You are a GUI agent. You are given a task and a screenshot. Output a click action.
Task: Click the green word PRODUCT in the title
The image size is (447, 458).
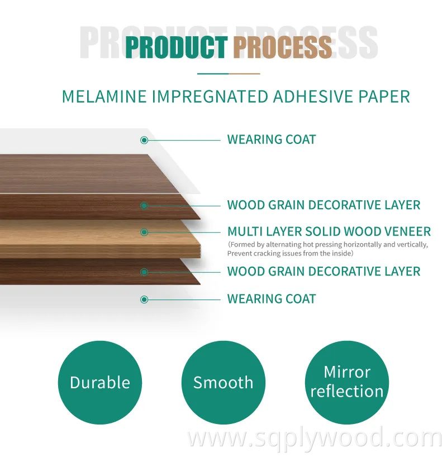point(176,47)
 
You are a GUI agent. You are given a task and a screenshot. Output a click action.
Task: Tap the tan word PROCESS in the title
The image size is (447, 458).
point(282,47)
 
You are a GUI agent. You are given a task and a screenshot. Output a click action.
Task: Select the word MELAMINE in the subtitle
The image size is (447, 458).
point(103,96)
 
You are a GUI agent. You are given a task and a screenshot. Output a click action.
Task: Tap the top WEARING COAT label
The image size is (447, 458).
point(272,139)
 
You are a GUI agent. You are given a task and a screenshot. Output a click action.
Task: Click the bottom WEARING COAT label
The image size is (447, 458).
point(272,299)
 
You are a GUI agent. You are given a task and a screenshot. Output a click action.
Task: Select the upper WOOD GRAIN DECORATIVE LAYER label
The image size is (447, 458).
point(324,205)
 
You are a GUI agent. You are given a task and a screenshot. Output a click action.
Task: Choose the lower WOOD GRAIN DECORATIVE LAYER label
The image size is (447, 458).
point(324,272)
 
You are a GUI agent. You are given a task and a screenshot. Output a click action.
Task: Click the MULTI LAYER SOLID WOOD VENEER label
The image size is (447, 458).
point(329,232)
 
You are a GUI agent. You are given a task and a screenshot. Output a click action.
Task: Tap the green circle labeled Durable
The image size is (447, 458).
point(100,382)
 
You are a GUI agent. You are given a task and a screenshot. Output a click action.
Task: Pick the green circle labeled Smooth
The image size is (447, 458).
point(223,382)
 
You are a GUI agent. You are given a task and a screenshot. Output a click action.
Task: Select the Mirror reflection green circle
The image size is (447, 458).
point(347,382)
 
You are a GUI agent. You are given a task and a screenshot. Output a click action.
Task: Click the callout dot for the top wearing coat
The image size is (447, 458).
point(144,140)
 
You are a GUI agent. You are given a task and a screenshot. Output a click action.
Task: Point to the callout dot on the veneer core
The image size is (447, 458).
point(144,232)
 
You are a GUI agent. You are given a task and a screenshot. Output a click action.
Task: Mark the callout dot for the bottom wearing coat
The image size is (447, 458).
point(144,300)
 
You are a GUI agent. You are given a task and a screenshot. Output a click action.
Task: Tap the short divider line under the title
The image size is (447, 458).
point(229,73)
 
